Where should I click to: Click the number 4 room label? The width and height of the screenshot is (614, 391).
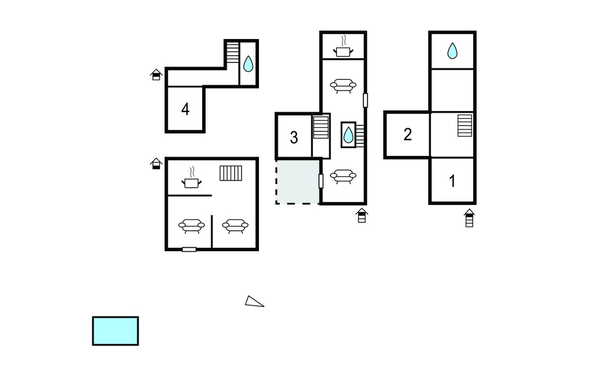tap(185, 109)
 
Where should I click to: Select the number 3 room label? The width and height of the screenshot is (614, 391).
tap(294, 137)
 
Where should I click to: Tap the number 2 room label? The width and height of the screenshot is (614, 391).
tap(408, 134)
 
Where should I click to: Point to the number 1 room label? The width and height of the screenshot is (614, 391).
tap(452, 181)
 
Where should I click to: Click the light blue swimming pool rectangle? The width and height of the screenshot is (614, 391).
tap(116, 331)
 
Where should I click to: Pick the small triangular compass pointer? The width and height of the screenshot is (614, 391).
tap(254, 301)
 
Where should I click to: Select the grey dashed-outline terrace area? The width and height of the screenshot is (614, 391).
tap(297, 181)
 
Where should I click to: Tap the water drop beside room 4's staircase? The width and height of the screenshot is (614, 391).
tap(248, 64)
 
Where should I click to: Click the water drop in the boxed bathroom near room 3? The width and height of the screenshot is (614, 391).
tap(348, 135)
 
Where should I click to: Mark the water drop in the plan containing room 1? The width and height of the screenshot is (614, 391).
tap(452, 50)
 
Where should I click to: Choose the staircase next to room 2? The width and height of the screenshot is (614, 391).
tap(465, 125)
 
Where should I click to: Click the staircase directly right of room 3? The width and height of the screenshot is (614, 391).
tap(321, 127)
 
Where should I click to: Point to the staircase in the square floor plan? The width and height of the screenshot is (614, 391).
tap(231, 173)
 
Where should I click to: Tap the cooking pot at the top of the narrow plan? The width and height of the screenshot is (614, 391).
tap(343, 47)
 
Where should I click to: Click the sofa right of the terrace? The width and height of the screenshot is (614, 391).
tap(343, 176)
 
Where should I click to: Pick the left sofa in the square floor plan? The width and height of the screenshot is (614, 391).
tap(191, 226)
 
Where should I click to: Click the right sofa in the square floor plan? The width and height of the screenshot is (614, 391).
tap(235, 226)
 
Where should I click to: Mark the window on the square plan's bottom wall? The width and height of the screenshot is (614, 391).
tap(189, 249)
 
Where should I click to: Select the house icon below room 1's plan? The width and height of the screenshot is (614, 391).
tap(469, 218)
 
